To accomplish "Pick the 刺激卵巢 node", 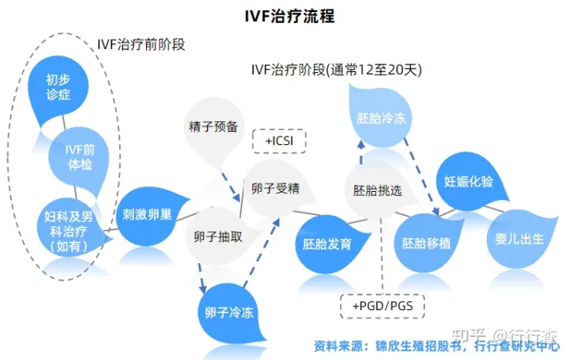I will pos(148,214).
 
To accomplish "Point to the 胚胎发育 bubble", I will pos(324,243).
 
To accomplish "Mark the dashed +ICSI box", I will pos(278,141).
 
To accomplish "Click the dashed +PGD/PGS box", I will pos(382,305).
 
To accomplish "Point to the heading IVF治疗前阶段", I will pos(140,44).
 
